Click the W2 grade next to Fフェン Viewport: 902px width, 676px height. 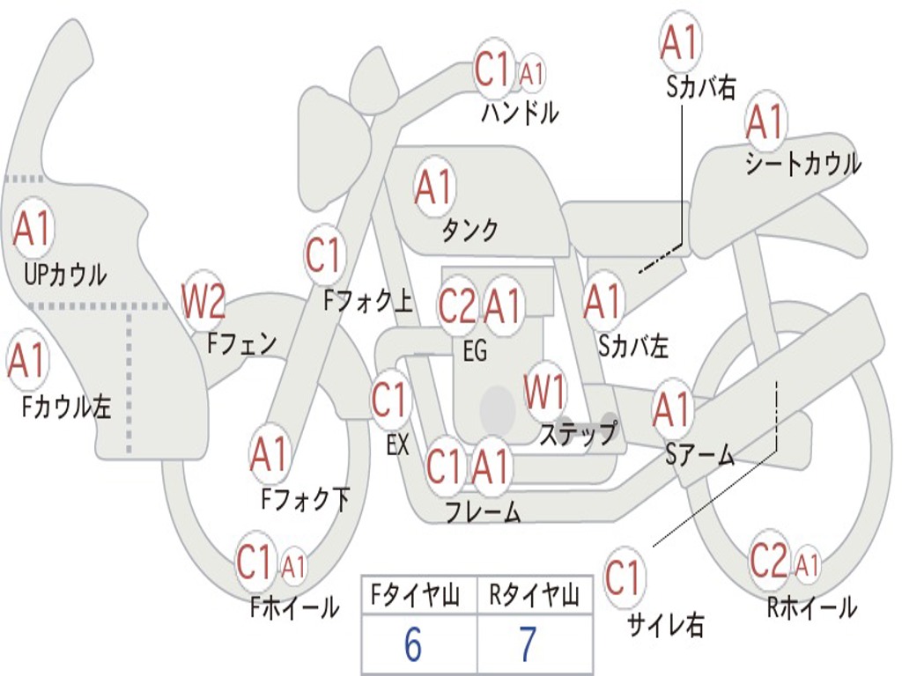(203, 301)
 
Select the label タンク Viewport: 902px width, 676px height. (469, 230)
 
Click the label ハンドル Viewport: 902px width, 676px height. (520, 113)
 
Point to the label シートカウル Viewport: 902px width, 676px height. (802, 164)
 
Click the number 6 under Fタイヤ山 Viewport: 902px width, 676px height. (412, 645)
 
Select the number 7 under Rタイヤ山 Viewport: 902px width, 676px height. (528, 645)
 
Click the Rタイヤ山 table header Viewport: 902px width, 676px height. (534, 597)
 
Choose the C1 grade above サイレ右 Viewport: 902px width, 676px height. (624, 577)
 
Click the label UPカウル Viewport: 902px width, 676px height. (65, 275)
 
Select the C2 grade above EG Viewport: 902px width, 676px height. (456, 305)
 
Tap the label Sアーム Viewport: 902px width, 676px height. (699, 454)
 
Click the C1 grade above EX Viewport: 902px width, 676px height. (389, 400)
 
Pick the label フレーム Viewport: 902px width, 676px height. (483, 511)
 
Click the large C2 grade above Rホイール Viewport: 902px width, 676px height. (768, 560)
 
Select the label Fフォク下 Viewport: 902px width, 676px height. (306, 499)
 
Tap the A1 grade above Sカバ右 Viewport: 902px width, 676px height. (680, 41)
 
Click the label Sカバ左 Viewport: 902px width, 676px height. (633, 347)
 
